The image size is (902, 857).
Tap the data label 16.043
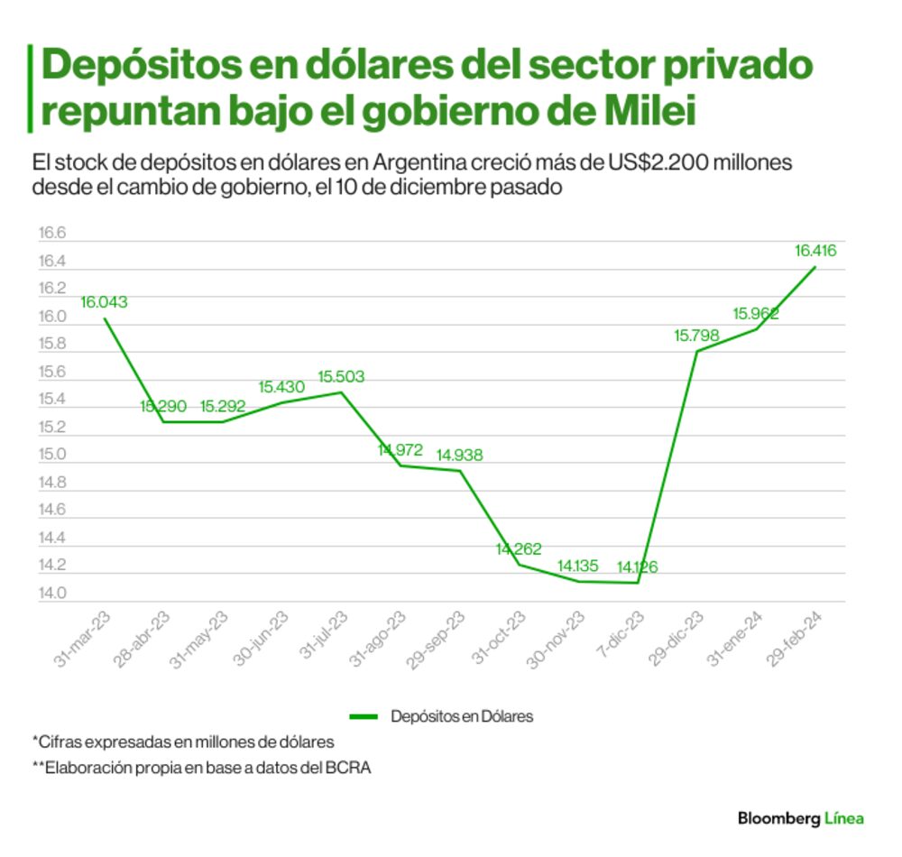(x=104, y=302)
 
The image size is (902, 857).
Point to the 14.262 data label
(x=520, y=548)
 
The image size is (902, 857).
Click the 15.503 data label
(x=341, y=377)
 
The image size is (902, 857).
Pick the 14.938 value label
(x=459, y=456)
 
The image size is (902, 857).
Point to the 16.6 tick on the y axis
(x=52, y=234)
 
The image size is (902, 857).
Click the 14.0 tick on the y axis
(x=52, y=594)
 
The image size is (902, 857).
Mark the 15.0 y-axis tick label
(x=52, y=455)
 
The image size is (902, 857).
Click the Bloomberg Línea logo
(x=801, y=818)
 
